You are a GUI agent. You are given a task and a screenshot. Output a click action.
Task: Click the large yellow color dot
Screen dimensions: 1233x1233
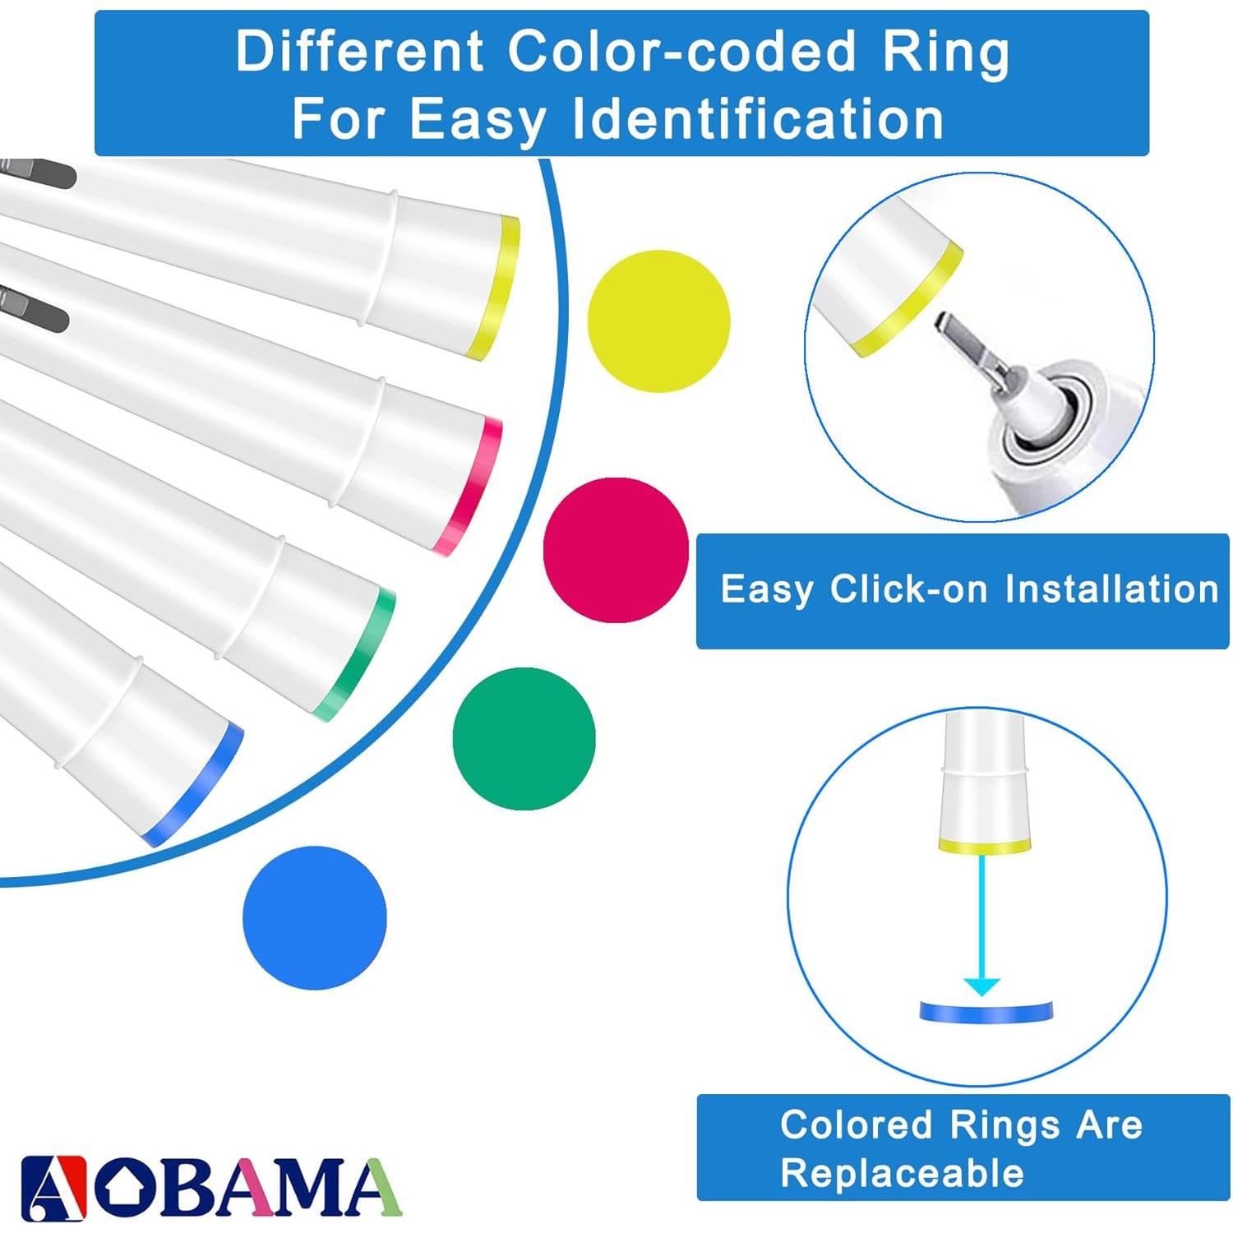(658, 321)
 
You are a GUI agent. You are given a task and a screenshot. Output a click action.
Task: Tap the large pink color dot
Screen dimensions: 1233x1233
(616, 550)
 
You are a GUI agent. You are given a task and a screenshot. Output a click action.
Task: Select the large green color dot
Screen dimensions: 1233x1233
(524, 738)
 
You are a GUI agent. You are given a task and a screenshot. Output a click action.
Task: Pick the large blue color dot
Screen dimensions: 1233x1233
(315, 917)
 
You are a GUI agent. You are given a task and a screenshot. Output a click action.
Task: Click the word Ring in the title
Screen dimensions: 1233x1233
(945, 53)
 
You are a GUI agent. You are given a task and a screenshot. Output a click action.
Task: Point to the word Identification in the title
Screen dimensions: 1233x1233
(757, 119)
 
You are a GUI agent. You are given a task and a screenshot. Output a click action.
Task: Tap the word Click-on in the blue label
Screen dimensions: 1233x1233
(909, 589)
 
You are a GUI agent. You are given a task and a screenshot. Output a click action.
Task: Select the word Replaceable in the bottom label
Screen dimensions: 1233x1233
(902, 1173)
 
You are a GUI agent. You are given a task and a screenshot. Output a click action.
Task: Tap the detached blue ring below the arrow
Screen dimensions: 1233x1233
(986, 1012)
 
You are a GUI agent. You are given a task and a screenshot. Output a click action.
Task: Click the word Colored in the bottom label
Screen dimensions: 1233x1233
(855, 1124)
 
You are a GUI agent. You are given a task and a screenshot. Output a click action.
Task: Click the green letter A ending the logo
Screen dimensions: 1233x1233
(372, 1187)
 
